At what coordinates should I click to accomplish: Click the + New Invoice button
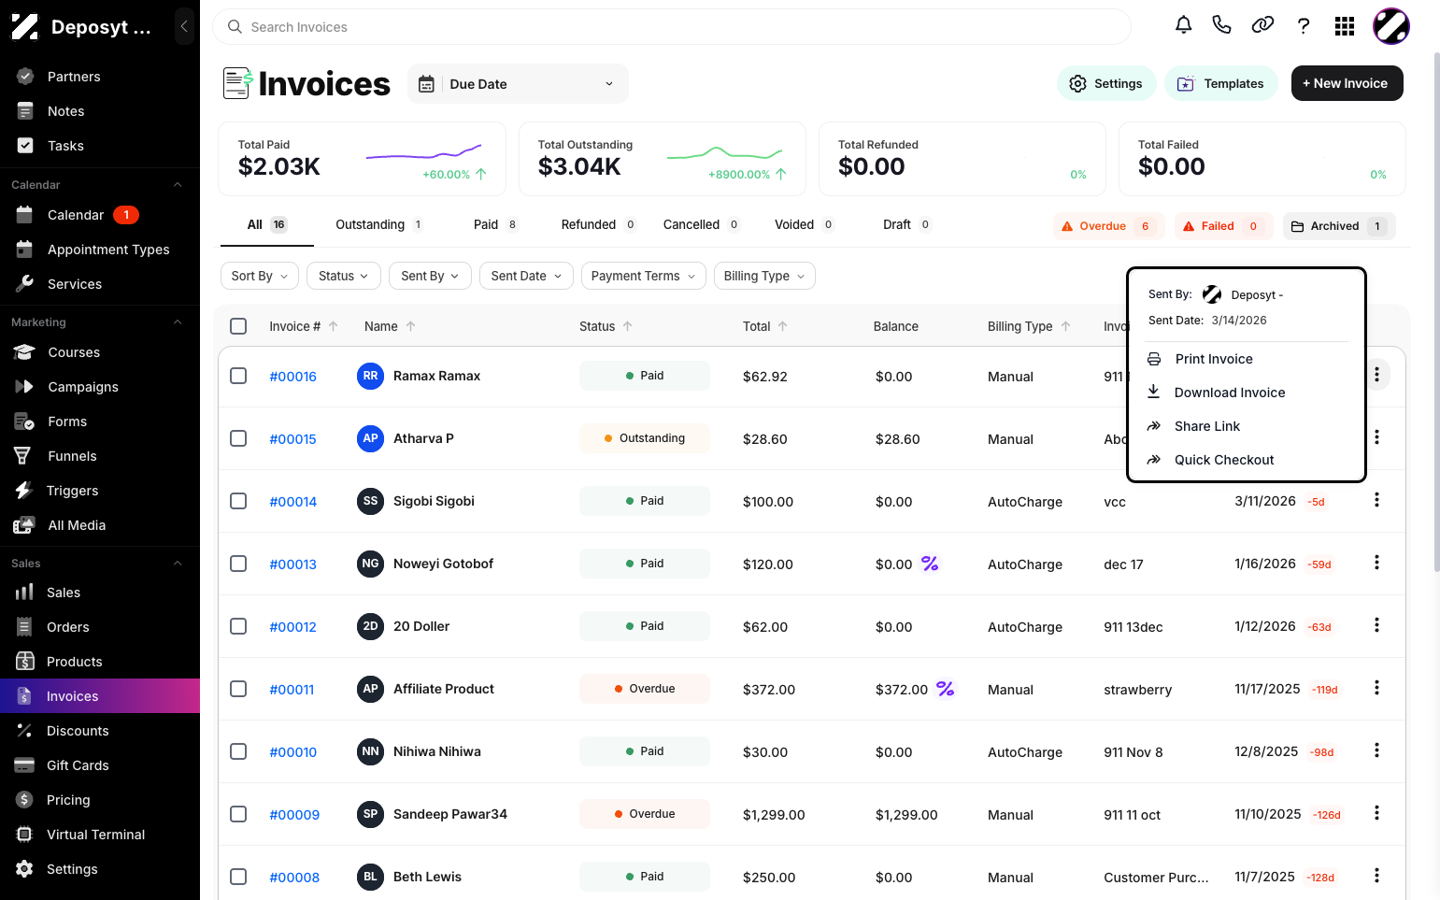tap(1347, 83)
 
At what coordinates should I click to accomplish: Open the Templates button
tap(1220, 83)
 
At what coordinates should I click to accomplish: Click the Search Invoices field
tap(672, 27)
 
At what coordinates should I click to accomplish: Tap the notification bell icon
tap(1184, 26)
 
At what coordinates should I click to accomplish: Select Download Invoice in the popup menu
tap(1229, 393)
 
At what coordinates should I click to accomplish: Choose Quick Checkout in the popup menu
tap(1224, 460)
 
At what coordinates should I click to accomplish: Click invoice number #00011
tap(292, 690)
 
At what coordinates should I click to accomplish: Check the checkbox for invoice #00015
tap(238, 438)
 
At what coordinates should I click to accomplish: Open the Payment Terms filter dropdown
tap(643, 276)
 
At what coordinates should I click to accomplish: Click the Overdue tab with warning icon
tap(1108, 226)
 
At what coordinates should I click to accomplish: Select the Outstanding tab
tap(378, 224)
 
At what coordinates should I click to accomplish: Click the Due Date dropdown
tap(518, 84)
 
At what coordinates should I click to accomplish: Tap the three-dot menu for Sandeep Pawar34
tap(1376, 813)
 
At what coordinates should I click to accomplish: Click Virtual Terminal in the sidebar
tap(96, 835)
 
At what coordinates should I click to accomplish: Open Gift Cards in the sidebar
tap(78, 765)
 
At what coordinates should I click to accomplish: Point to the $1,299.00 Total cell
tap(774, 815)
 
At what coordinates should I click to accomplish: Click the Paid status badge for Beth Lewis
tap(644, 877)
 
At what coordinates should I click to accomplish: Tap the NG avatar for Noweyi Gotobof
tap(370, 564)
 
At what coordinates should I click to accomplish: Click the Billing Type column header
tap(1019, 326)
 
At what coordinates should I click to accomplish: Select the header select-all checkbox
tap(238, 326)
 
